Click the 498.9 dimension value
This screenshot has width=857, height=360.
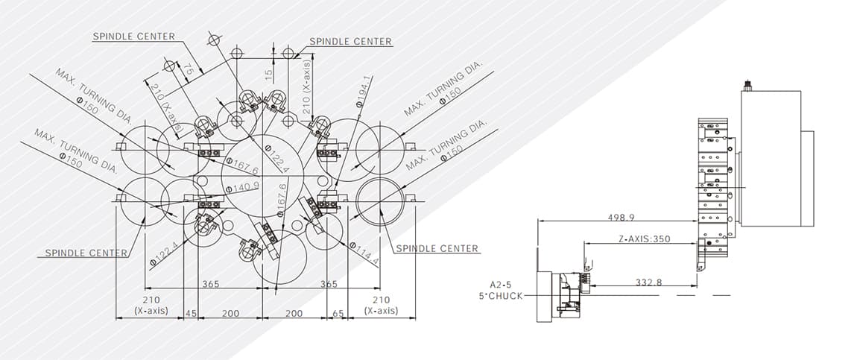click(x=622, y=218)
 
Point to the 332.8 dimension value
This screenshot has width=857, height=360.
click(x=649, y=282)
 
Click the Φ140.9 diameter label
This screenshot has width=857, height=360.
click(x=242, y=187)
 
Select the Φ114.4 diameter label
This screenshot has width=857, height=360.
click(x=364, y=253)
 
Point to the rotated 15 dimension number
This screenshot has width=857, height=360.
click(x=268, y=75)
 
